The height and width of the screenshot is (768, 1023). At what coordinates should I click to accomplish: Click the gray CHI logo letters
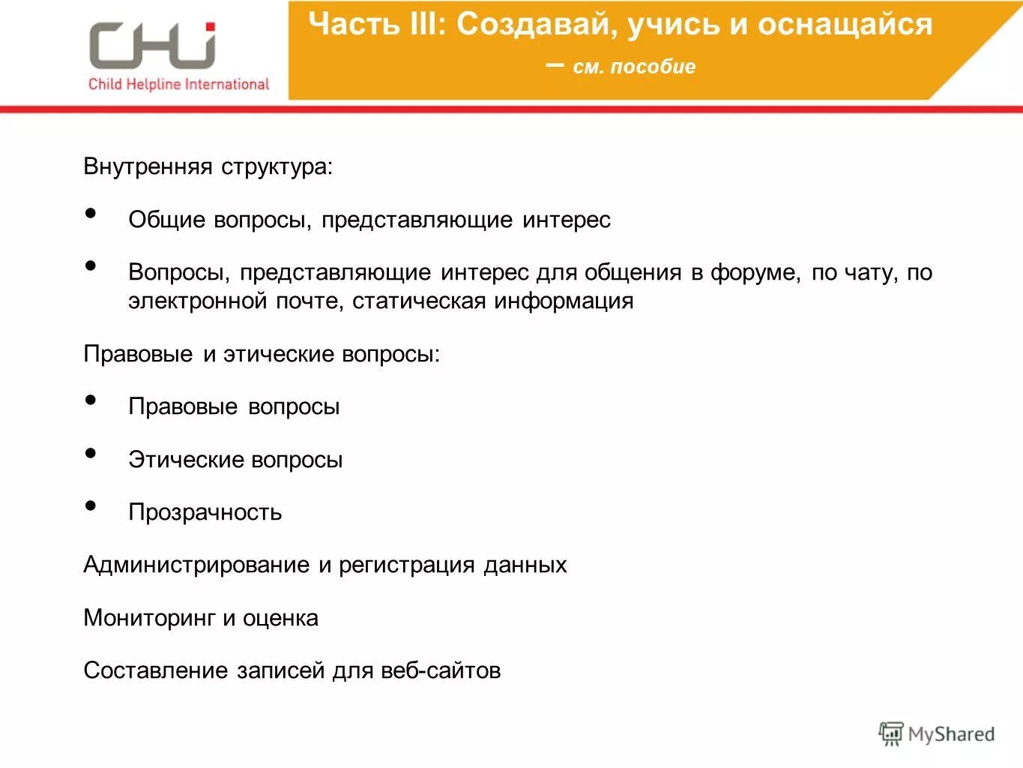[x=152, y=46]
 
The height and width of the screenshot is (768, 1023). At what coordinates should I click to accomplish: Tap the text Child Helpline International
[x=178, y=84]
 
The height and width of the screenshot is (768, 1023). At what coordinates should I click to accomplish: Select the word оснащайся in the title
[x=845, y=25]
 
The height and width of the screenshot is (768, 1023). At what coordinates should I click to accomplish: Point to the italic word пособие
[x=653, y=67]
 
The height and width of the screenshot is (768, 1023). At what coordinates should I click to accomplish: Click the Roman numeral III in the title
[x=428, y=25]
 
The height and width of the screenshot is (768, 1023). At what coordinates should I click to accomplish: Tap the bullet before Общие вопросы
[x=91, y=214]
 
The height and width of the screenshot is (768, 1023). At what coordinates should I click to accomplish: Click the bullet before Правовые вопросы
[x=91, y=400]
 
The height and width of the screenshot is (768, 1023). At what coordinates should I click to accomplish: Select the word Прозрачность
[x=205, y=512]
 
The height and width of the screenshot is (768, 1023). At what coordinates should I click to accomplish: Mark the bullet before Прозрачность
[x=91, y=506]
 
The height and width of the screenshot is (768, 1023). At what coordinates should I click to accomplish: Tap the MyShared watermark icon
[x=890, y=734]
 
